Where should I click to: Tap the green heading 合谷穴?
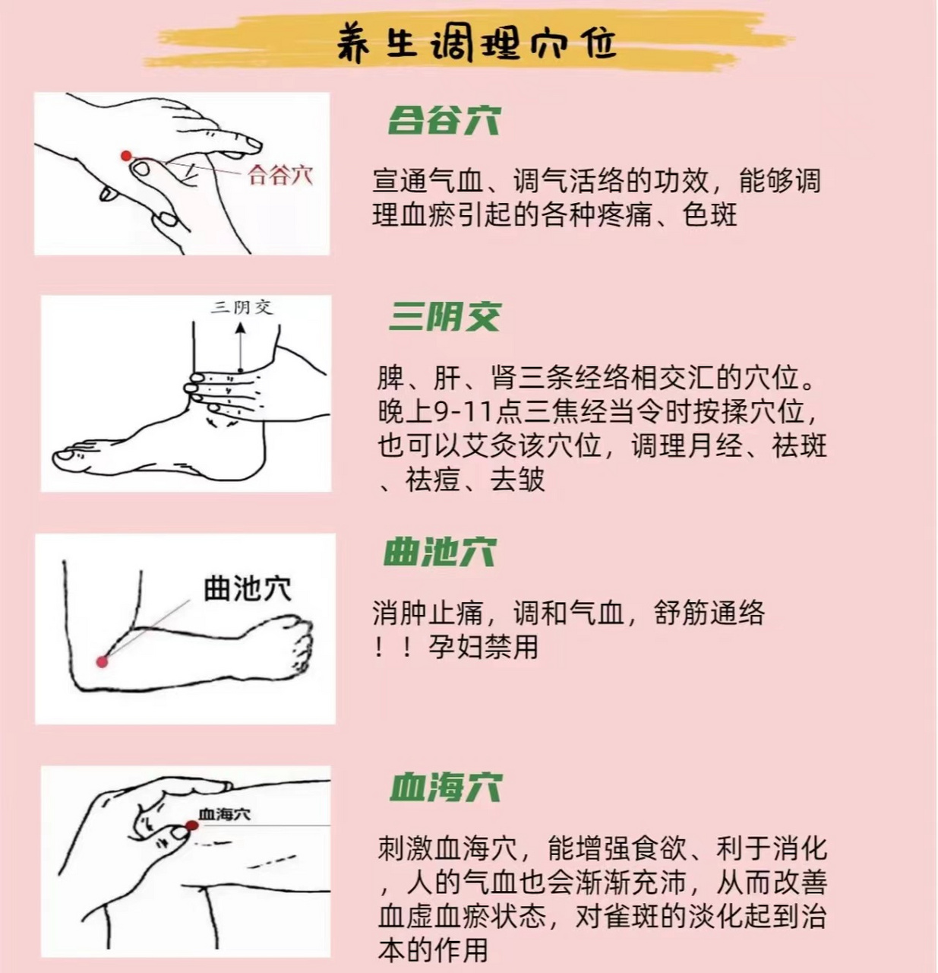point(444,120)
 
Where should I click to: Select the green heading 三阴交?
point(444,316)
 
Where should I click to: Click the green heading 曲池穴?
point(439,552)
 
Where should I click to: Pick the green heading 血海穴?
point(445,788)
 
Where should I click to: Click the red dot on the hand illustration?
point(126,156)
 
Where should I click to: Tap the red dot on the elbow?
point(102,661)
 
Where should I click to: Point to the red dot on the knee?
point(191,826)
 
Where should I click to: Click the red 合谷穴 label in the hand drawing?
point(280,176)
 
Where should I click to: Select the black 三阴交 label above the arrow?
point(242,307)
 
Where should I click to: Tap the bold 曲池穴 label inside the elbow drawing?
point(247,589)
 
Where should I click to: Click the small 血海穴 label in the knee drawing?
point(224,814)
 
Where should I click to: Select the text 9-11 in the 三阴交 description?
point(463,411)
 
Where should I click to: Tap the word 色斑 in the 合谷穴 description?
point(710,215)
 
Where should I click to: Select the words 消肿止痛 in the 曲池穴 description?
point(427,613)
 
